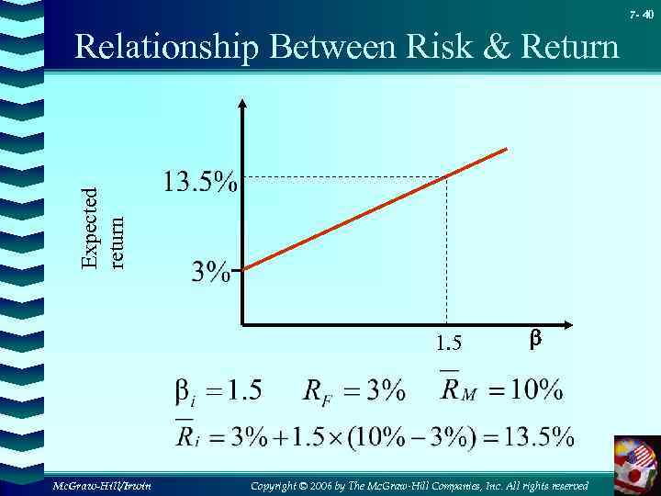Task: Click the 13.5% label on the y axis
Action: [x=199, y=183]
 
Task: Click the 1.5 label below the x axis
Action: [x=449, y=344]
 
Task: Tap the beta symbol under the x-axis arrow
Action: [x=536, y=341]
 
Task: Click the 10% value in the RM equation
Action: [x=537, y=390]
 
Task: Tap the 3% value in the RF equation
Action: [x=386, y=391]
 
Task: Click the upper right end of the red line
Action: [x=506, y=149]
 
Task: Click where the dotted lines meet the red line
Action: [x=446, y=177]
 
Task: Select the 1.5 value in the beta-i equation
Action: [x=244, y=391]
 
